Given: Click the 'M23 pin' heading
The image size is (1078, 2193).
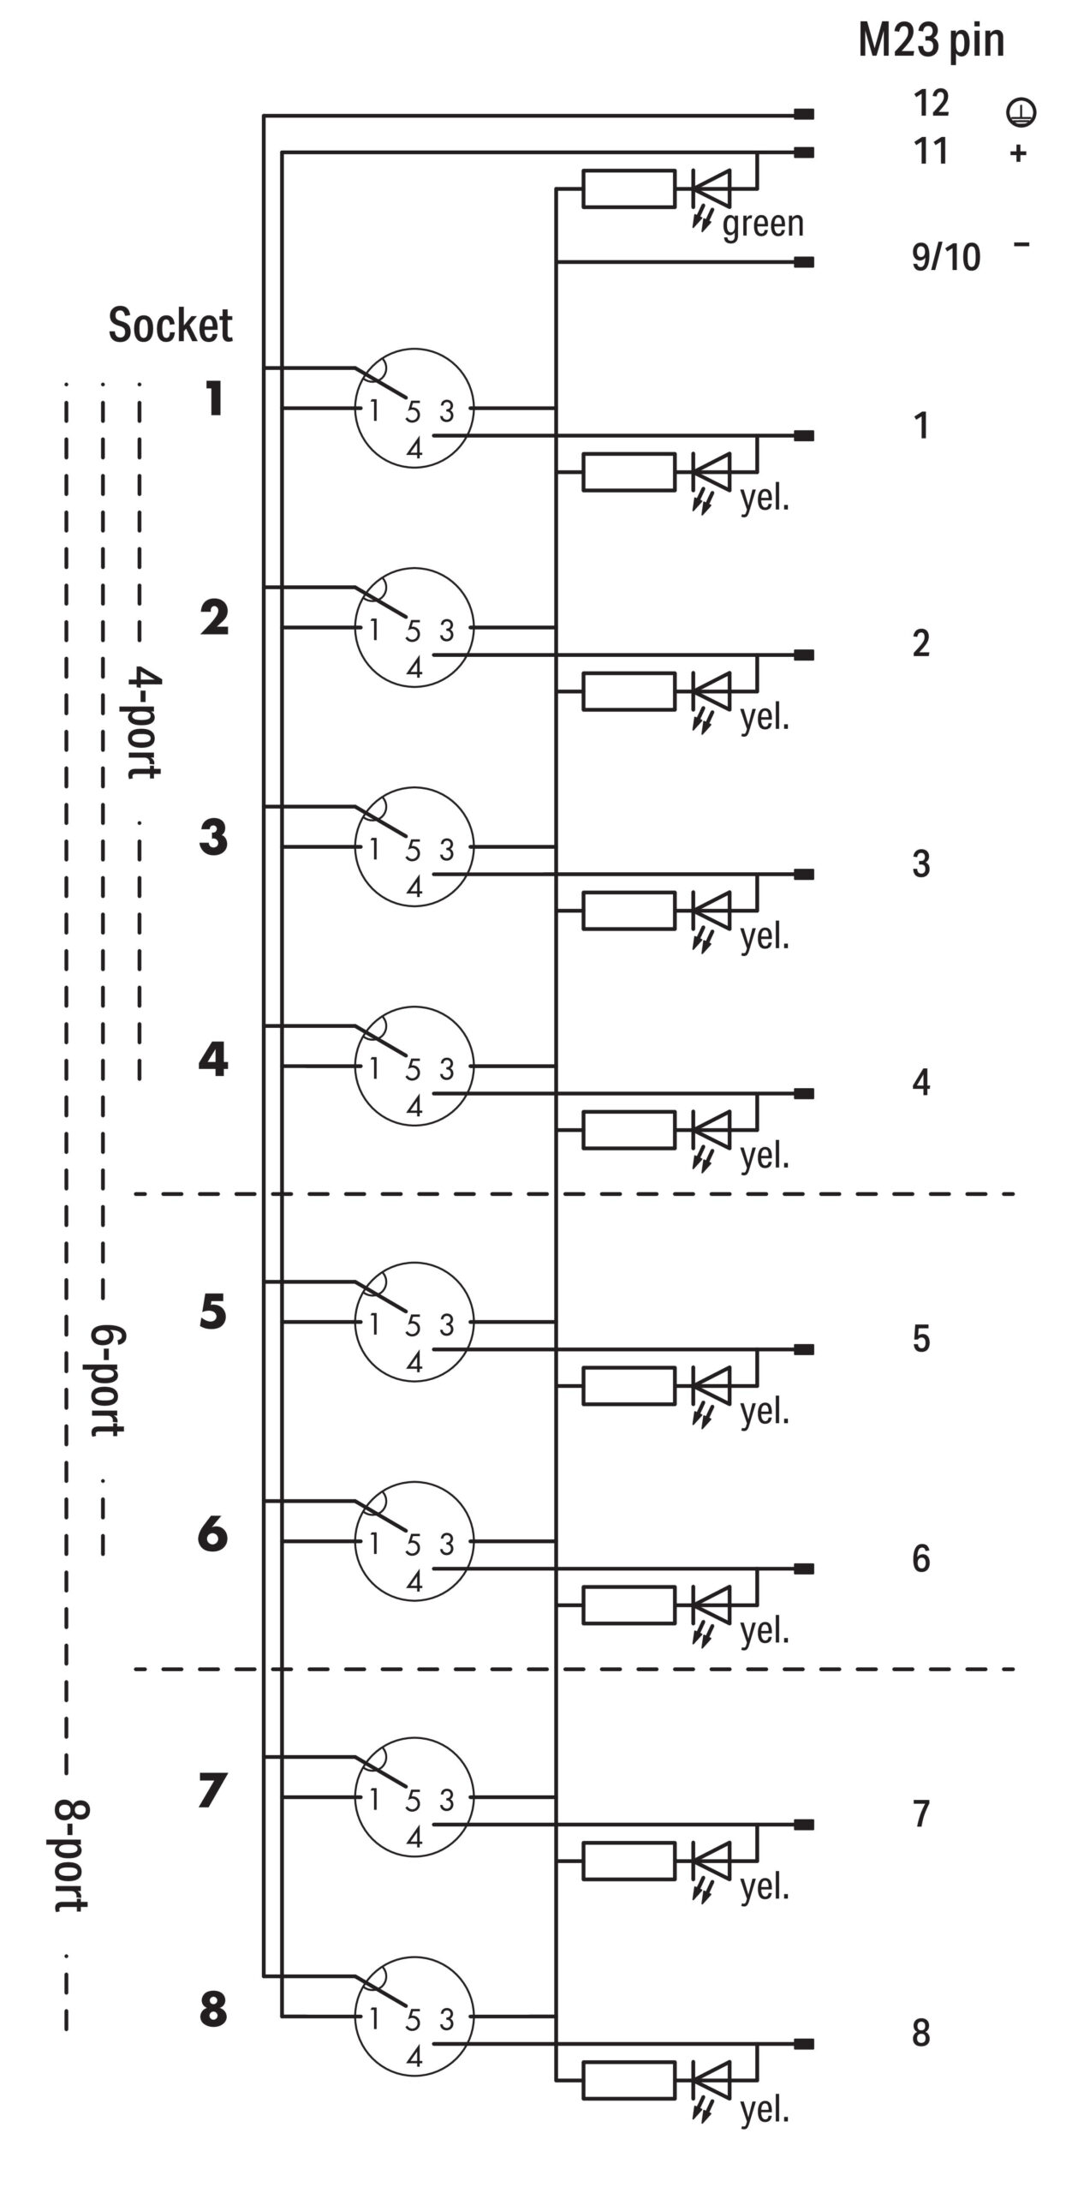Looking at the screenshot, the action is pos(931,40).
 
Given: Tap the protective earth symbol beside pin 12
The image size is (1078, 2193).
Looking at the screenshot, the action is pos(1020,111).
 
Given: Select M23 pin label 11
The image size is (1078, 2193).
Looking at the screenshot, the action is pos(931,151).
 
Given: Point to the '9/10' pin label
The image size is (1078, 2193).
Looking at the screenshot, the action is pos(946,256).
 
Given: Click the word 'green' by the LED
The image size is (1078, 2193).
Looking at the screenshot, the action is pos(763,224).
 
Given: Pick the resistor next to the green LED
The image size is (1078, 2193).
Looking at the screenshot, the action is pos(628,188).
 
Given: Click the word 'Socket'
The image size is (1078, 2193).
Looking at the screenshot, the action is pos(170,325).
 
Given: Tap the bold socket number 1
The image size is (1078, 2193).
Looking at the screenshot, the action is pos(214,398).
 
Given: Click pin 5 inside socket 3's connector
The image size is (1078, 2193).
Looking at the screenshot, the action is pos(414,851).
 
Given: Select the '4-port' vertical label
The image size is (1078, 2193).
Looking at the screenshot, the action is pos(144,724).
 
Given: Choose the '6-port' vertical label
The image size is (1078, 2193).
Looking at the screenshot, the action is pos(108,1381).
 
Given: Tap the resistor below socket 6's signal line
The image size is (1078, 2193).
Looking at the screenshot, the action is pos(628,1604).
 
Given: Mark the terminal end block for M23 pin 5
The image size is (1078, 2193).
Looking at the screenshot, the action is pos(804,1349).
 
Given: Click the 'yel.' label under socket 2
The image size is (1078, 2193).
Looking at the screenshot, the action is pos(765,718).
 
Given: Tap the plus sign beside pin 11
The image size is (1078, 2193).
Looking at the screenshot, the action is pos(1018,153).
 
